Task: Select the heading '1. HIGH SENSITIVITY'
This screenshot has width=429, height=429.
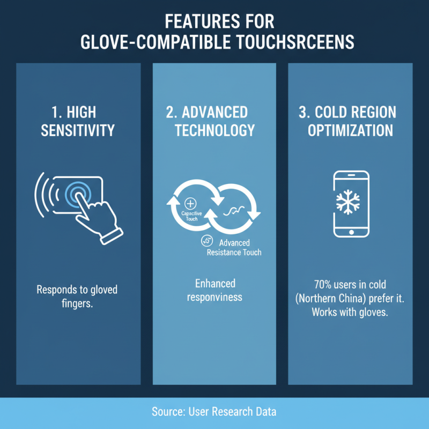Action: tap(78, 121)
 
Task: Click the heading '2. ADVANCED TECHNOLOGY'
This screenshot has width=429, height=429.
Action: tap(214, 121)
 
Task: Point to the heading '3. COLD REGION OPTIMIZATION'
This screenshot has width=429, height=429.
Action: tap(351, 121)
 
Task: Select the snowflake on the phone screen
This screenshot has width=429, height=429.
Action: tap(351, 203)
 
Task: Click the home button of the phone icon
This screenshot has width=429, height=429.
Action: tap(351, 232)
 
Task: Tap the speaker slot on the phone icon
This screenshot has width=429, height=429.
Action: tap(351, 176)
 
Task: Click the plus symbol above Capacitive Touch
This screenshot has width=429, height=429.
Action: tap(189, 203)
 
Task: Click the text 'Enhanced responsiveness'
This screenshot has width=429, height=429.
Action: tap(215, 290)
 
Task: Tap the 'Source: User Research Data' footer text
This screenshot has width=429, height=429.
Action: tap(214, 412)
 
